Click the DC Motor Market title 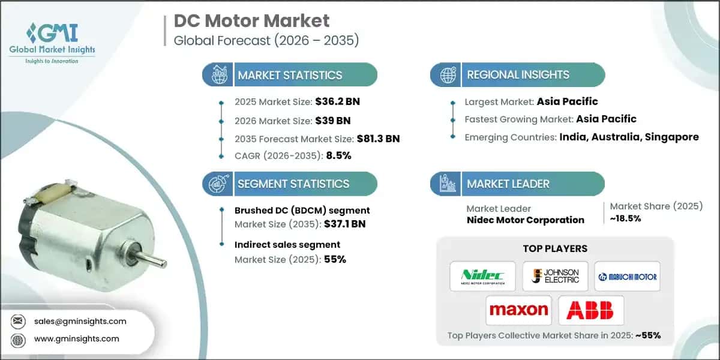251,21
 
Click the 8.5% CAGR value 338,155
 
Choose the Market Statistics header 290,75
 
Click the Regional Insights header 518,75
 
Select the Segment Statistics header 293,184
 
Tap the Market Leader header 508,184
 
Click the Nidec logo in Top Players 482,276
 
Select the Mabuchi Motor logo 627,277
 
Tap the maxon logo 518,310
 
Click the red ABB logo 591,310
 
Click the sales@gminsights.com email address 80,321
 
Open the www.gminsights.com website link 76,338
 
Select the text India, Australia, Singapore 629,137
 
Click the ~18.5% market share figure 625,218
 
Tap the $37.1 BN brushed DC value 344,224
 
